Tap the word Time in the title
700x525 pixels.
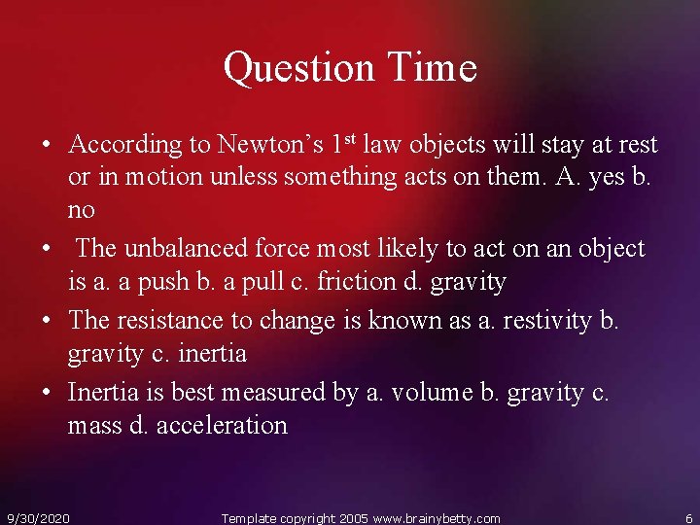[433, 68]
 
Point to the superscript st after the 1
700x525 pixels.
[350, 139]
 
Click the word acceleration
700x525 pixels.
[221, 426]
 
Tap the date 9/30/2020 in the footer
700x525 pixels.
[38, 518]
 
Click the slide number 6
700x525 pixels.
[688, 518]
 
